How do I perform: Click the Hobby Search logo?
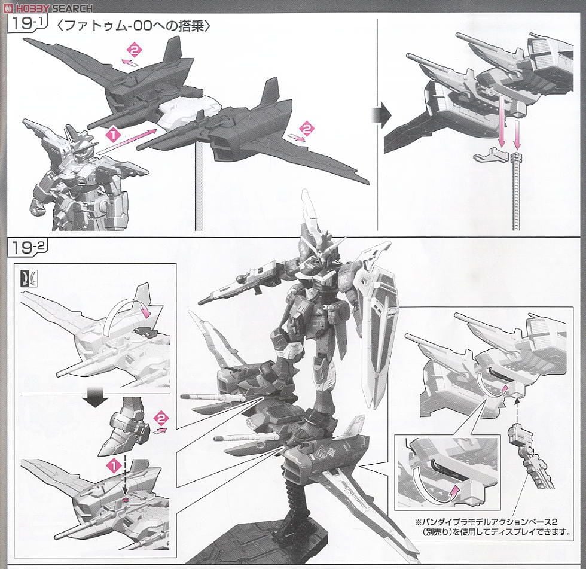pos(48,8)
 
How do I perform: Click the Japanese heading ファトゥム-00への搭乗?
pos(132,27)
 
